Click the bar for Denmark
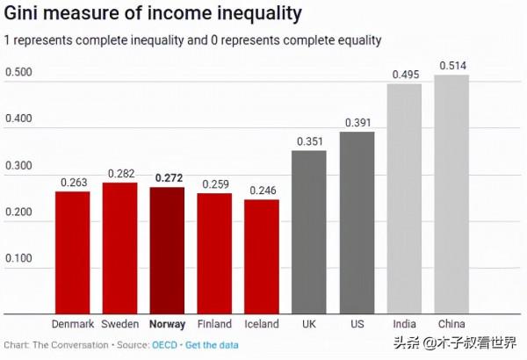(x=73, y=252)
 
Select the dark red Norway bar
(x=167, y=250)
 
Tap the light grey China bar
(x=451, y=194)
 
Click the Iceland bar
(x=262, y=256)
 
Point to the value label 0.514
(x=451, y=66)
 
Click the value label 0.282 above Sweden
(x=120, y=174)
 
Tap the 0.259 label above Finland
(x=214, y=184)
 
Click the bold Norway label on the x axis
(x=167, y=324)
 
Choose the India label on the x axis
(x=404, y=324)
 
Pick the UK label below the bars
(x=309, y=324)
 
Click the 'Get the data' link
(x=212, y=344)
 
